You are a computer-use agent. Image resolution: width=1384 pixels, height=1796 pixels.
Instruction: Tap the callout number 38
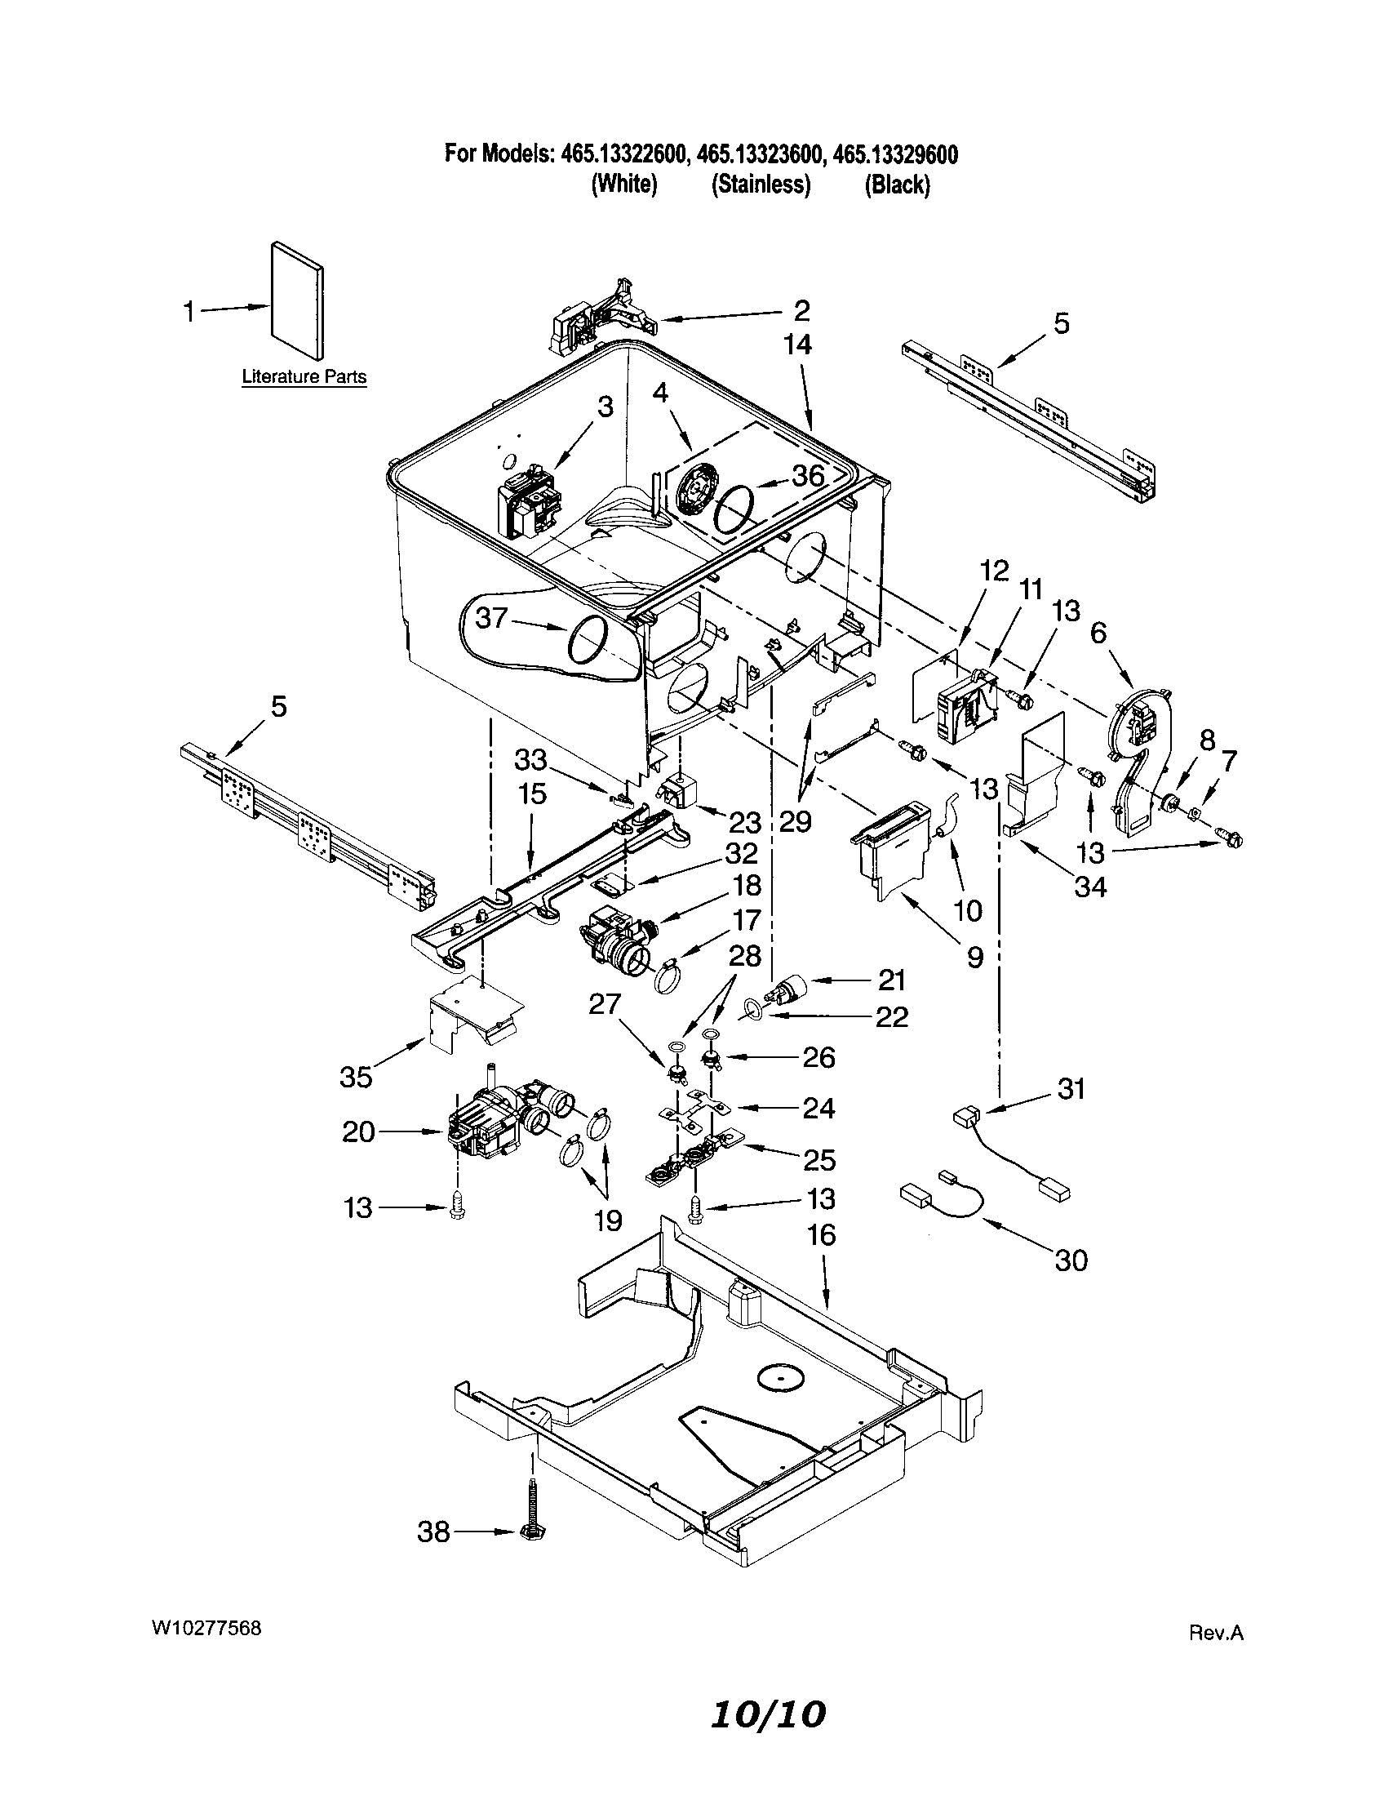(434, 1531)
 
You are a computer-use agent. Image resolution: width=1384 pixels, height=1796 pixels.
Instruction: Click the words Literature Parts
(304, 377)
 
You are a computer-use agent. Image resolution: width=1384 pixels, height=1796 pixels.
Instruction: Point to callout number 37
(491, 618)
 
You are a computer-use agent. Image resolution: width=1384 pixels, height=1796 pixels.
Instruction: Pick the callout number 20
(357, 1132)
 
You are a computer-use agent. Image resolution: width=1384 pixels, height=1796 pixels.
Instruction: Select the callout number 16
(822, 1234)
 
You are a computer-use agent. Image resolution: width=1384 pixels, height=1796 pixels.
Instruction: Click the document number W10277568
(206, 1626)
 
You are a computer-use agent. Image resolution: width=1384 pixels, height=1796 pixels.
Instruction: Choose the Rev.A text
(1217, 1634)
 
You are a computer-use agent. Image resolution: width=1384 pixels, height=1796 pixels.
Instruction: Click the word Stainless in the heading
(761, 185)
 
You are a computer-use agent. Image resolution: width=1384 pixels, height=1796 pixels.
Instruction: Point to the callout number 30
(1071, 1260)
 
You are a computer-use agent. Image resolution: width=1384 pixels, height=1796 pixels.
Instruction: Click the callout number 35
(357, 1077)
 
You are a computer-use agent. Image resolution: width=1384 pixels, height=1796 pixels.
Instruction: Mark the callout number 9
(974, 957)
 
